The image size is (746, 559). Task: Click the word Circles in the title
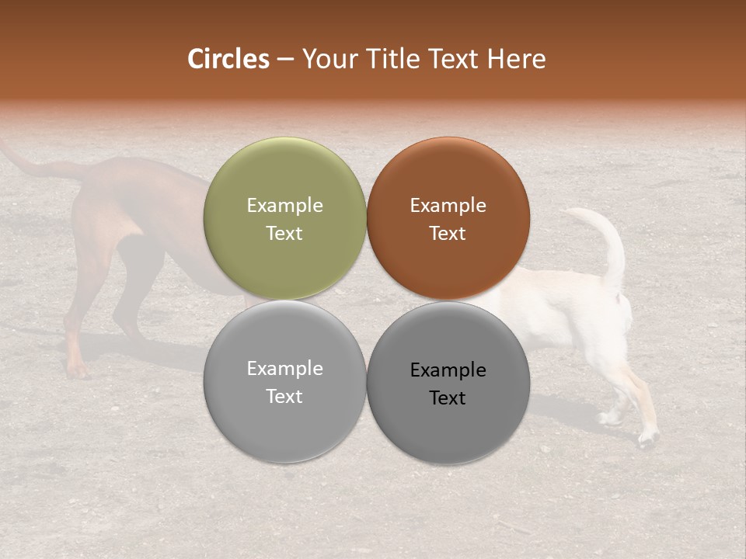[x=228, y=59]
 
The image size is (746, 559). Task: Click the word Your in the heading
[x=330, y=59]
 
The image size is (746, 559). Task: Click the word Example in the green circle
[x=284, y=205]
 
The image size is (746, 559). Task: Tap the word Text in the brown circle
[x=448, y=234]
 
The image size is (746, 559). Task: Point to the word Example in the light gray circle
[x=284, y=368]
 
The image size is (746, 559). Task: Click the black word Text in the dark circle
[x=448, y=398]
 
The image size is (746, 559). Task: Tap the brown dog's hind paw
[x=76, y=370]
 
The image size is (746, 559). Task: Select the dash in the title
[x=285, y=60]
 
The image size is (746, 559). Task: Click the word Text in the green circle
[x=284, y=234]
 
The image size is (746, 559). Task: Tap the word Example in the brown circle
[x=448, y=205]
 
